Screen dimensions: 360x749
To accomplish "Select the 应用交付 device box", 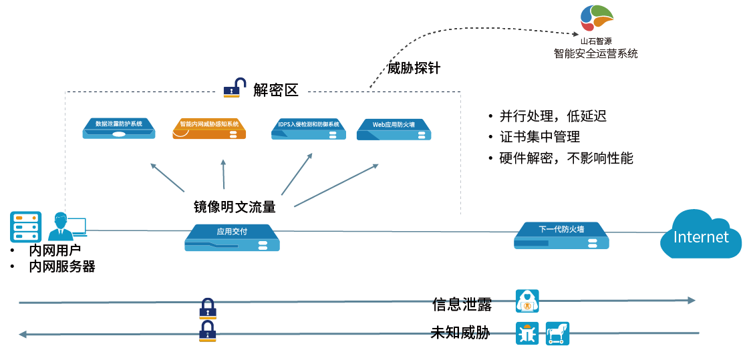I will pyautogui.click(x=232, y=237).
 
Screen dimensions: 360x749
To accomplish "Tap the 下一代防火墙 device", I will pyautogui.click(x=561, y=234).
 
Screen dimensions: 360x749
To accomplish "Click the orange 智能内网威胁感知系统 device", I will pyautogui.click(x=209, y=128).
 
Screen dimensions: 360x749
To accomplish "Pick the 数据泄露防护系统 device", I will pyautogui.click(x=119, y=128).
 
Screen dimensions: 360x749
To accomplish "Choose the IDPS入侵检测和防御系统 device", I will pyautogui.click(x=309, y=128).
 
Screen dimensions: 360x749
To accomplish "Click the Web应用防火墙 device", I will pyautogui.click(x=394, y=129).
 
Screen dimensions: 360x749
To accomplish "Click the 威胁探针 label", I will pyautogui.click(x=414, y=68).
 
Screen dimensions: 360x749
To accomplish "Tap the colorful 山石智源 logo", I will pyautogui.click(x=596, y=18).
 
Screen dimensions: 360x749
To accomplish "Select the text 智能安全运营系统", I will pyautogui.click(x=595, y=53).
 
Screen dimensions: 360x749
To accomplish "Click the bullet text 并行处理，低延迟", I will pyautogui.click(x=553, y=116).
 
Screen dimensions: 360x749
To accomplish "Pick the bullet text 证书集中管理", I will pyautogui.click(x=539, y=137).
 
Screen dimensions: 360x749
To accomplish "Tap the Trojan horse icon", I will pyautogui.click(x=557, y=333).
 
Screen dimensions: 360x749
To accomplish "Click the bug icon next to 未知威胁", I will pyautogui.click(x=527, y=333).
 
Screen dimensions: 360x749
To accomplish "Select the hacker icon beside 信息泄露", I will pyautogui.click(x=527, y=301).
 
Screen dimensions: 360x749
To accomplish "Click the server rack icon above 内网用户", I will pyautogui.click(x=26, y=226).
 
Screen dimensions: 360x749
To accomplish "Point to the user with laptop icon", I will pyautogui.click(x=65, y=226).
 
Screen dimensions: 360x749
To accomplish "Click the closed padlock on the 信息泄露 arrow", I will pyautogui.click(x=208, y=308).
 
